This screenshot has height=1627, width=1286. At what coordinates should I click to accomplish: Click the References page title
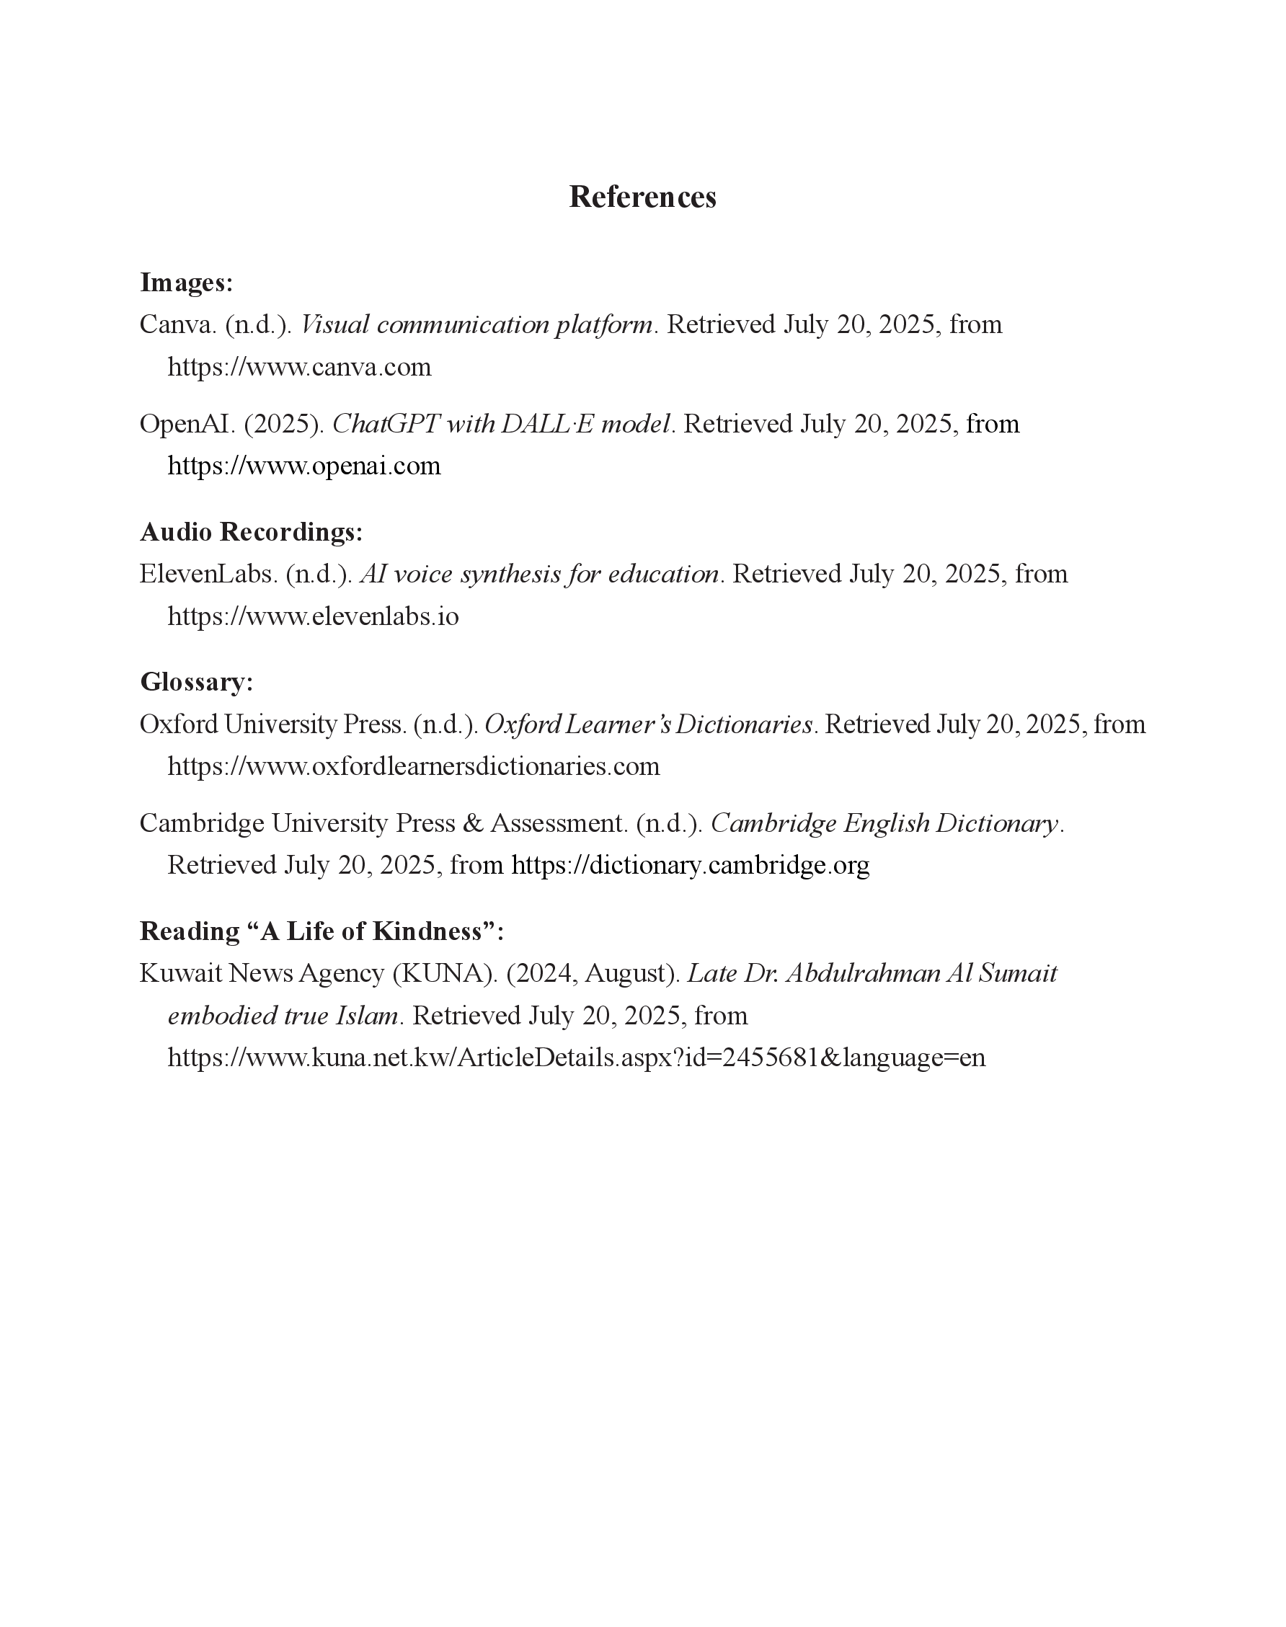[642, 198]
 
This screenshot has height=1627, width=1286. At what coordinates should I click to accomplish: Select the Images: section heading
[187, 283]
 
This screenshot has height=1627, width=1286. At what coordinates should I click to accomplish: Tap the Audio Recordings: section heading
[252, 532]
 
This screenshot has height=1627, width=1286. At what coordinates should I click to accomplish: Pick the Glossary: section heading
[197, 682]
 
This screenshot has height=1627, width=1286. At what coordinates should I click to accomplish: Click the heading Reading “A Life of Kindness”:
[321, 931]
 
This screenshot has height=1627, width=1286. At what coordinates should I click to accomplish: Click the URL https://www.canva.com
[299, 368]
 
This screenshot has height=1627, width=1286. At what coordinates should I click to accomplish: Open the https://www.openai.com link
[303, 466]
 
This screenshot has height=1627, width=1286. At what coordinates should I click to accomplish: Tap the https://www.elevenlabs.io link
[312, 616]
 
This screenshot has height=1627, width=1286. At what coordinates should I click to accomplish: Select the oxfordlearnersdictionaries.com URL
[413, 766]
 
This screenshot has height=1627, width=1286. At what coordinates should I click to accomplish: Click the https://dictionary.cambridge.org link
[691, 865]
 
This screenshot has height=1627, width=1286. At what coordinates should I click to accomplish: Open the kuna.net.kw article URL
[576, 1058]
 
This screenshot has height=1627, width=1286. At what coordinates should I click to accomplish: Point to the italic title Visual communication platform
[476, 325]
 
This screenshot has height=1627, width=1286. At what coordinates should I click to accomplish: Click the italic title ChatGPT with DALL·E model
[502, 425]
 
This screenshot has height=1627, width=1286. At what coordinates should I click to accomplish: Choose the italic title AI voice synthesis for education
[540, 575]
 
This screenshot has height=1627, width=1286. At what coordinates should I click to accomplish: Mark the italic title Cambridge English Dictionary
[884, 824]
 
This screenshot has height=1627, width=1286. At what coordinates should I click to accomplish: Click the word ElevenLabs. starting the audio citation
[208, 575]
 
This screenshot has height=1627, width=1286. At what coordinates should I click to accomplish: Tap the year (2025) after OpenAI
[284, 425]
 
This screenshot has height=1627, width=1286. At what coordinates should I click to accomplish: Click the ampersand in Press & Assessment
[473, 824]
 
